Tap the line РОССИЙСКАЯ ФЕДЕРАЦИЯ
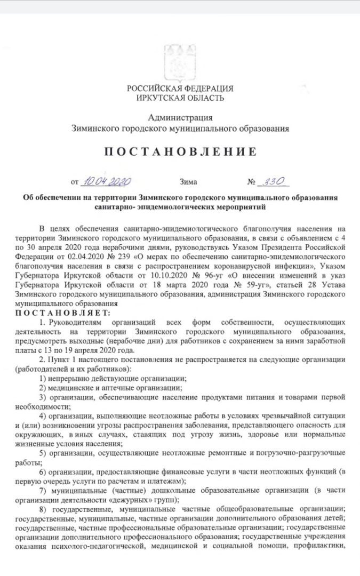pyautogui.click(x=180, y=87)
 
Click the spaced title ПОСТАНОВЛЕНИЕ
pyautogui.click(x=180, y=152)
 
